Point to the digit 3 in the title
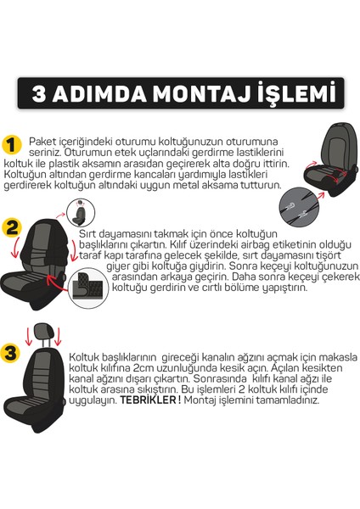[44, 92]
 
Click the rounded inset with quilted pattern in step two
[93, 289]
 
